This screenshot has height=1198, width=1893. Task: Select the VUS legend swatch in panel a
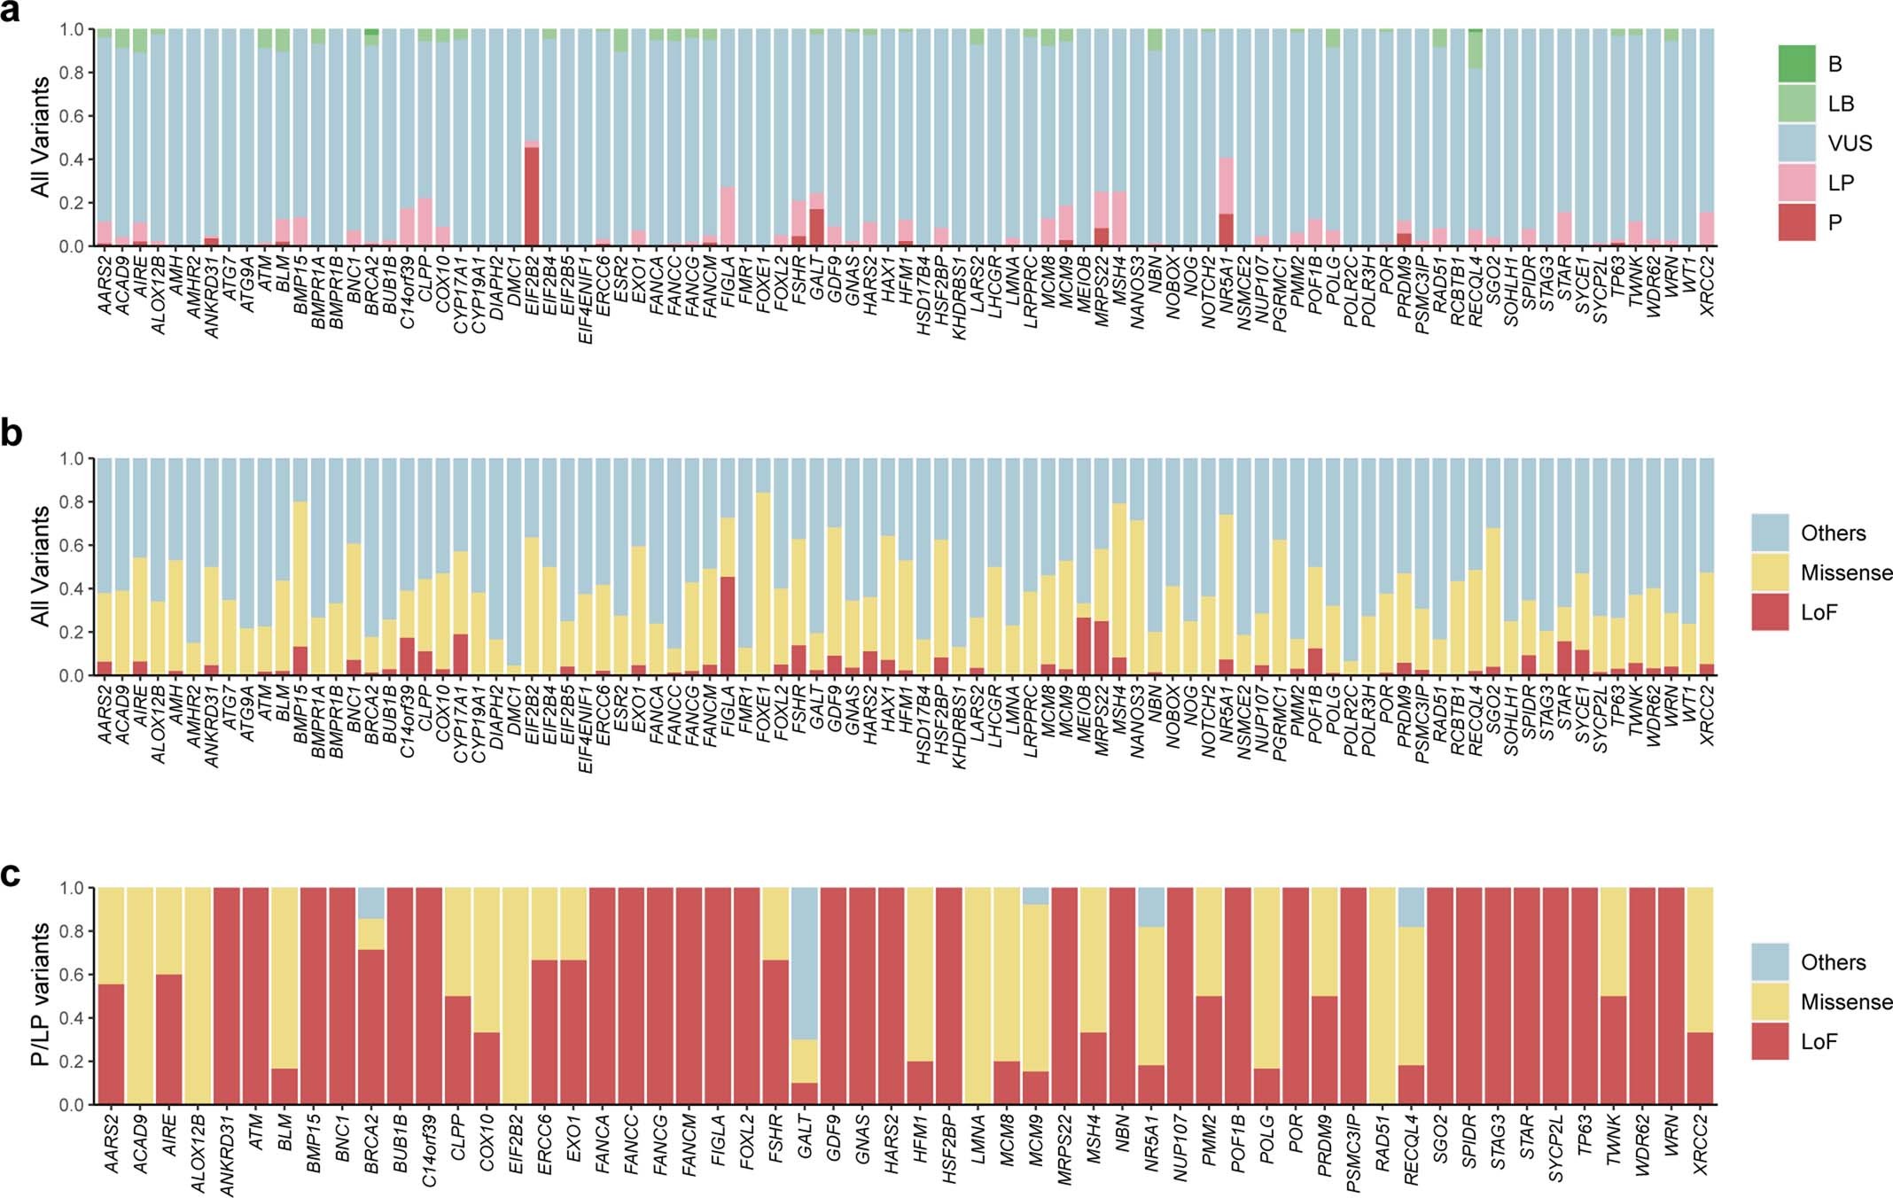tap(1796, 143)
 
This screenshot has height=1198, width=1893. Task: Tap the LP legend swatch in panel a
tap(1796, 183)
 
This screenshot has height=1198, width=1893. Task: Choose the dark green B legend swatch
tap(1796, 64)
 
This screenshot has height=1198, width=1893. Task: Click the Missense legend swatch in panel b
tap(1770, 572)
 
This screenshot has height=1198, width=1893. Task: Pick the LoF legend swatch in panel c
tap(1770, 1041)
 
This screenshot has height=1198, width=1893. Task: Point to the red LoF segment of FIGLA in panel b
tap(728, 626)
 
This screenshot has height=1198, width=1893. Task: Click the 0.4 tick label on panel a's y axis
tap(72, 159)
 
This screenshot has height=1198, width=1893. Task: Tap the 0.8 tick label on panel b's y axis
tap(72, 502)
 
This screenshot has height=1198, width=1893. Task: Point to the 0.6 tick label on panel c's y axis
tap(72, 975)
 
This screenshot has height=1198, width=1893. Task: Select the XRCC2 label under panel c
tap(1700, 1143)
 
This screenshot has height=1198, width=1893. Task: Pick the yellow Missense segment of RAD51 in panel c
tap(1383, 996)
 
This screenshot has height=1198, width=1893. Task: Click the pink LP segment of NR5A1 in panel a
tap(1227, 185)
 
